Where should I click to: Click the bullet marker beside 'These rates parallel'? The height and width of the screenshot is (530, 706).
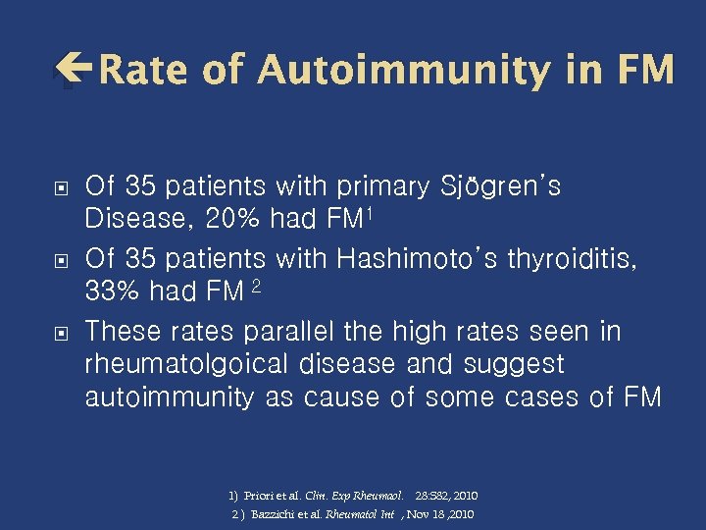tap(61, 332)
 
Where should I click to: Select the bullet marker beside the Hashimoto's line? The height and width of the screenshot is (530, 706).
tap(61, 259)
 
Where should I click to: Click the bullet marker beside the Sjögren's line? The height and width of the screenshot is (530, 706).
tap(61, 187)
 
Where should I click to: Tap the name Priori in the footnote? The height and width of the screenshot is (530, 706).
tap(259, 497)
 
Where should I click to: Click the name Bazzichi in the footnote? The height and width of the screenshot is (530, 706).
tap(274, 514)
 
